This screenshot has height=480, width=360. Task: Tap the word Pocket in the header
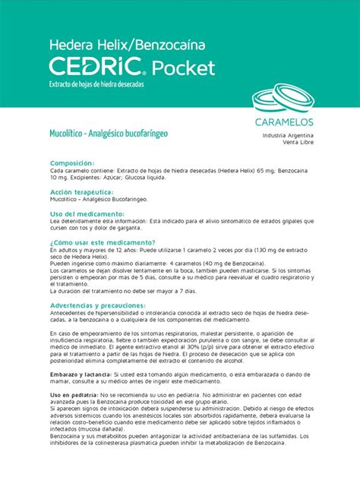pyautogui.click(x=184, y=68)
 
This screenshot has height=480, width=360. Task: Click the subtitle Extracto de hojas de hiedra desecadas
pyautogui.click(x=96, y=85)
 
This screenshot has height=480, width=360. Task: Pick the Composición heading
pyautogui.click(x=72, y=163)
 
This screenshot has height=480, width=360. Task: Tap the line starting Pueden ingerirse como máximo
pyautogui.click(x=129, y=263)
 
